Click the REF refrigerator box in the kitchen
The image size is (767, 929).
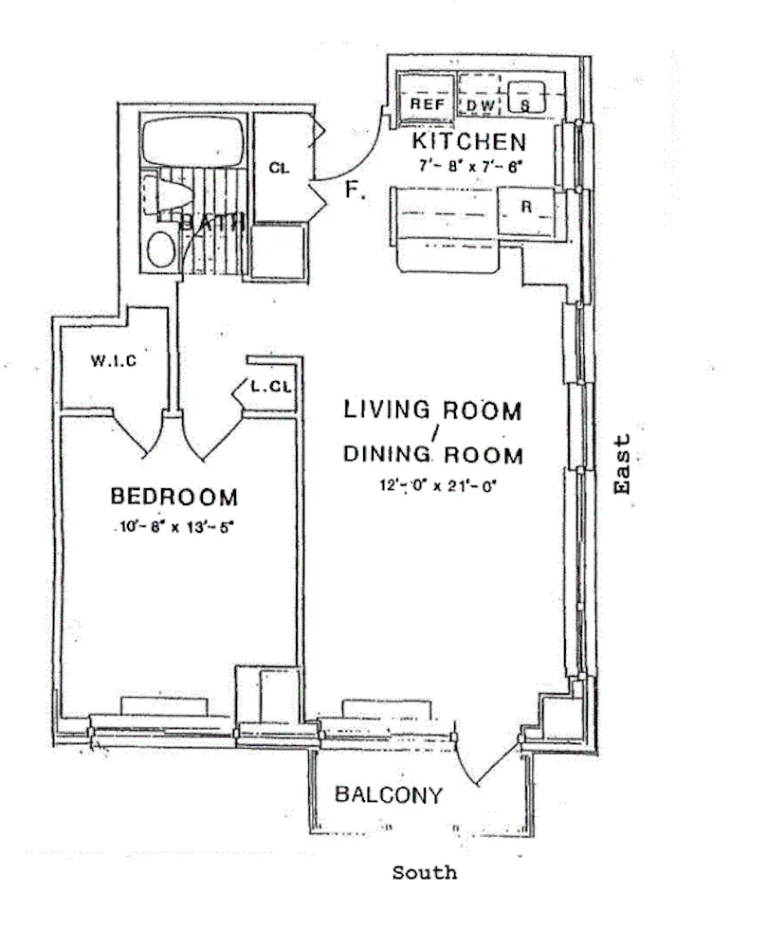pos(426,102)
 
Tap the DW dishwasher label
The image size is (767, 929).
pos(482,105)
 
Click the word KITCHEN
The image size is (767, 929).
pos(468,143)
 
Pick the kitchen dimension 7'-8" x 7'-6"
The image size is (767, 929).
pos(469,166)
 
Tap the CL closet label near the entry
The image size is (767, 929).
pos(278,168)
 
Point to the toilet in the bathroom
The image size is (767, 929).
pos(170,195)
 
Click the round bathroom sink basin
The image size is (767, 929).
pos(161,249)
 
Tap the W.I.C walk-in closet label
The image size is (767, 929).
pos(114,361)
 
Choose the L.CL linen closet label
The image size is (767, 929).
pos(270,387)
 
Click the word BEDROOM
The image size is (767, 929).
pos(173,496)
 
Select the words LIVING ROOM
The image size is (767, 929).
pos(432,410)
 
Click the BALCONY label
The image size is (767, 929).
pos(389,795)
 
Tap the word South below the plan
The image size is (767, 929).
pos(424,872)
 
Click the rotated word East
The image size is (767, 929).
pos(622,464)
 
